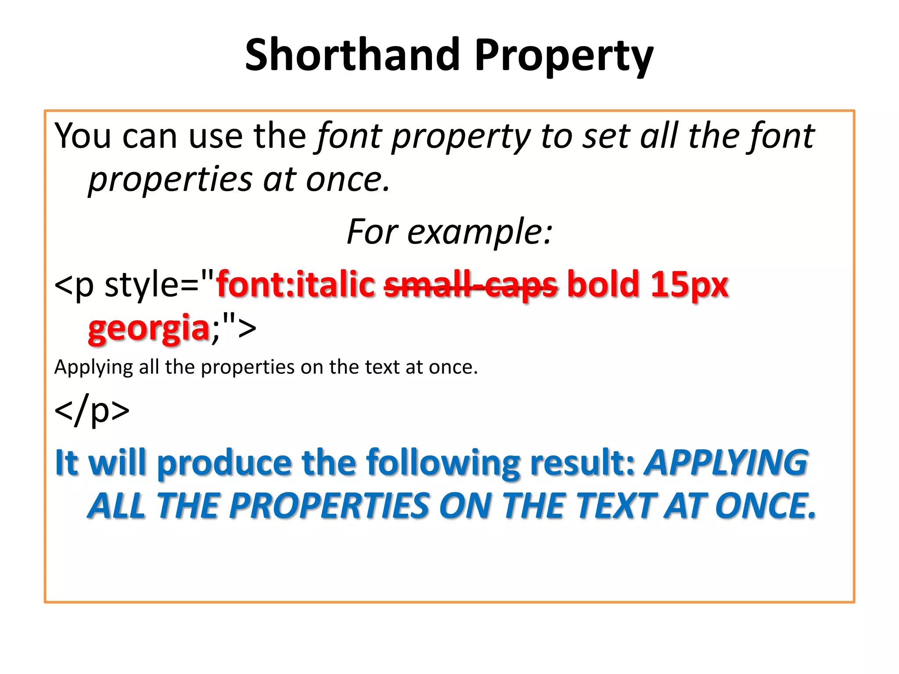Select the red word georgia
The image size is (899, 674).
(149, 328)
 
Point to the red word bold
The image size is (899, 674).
(603, 284)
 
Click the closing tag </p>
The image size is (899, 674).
(92, 410)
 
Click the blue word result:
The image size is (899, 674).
(583, 462)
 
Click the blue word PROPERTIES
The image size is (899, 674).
(329, 505)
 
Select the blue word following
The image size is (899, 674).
(443, 462)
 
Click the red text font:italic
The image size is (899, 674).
(295, 284)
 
